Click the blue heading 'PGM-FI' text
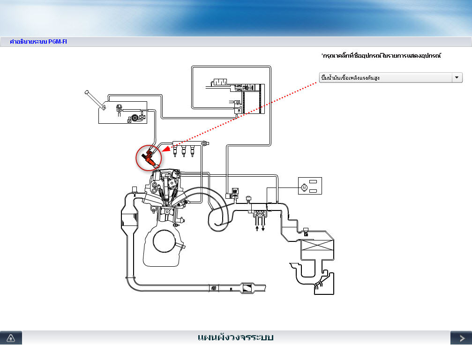coord(58,42)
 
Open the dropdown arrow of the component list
coord(457,78)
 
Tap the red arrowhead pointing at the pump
coord(166,149)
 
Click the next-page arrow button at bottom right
coord(461,337)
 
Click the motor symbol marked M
coord(304,188)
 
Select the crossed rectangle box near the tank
coord(317,245)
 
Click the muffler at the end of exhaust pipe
coord(248,288)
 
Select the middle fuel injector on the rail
coord(183,151)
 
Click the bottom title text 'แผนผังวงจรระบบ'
coord(235,337)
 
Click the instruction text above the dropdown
coord(381,55)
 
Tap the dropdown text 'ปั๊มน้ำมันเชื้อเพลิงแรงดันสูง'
coord(350,78)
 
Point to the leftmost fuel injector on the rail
coord(175,151)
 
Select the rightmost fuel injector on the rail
coord(192,151)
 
